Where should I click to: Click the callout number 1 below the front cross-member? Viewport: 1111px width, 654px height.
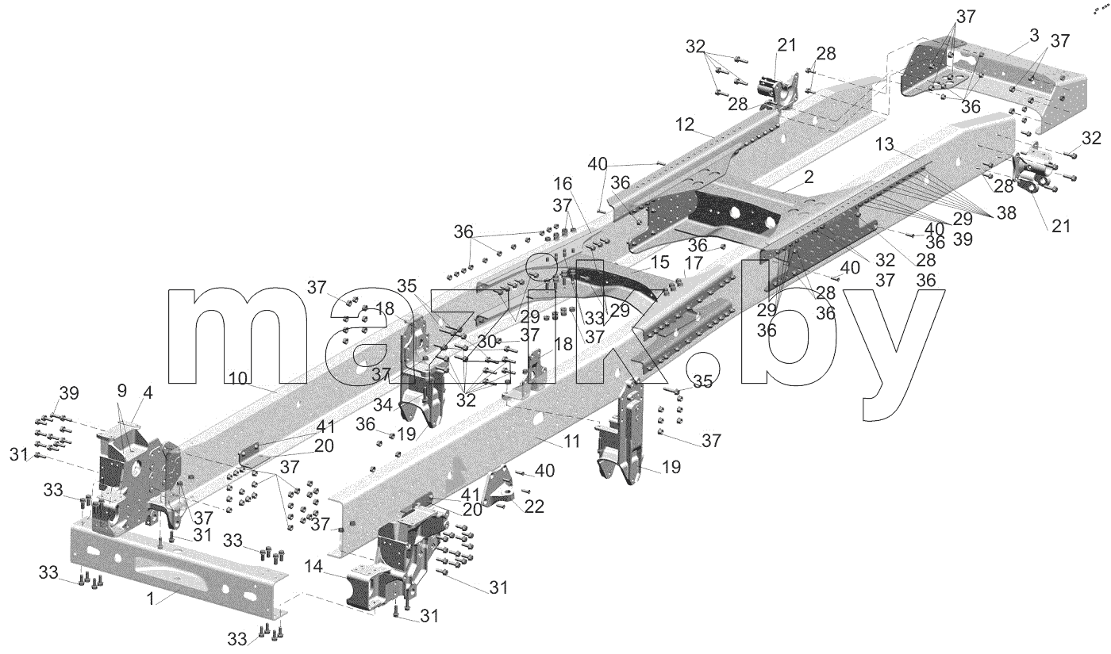point(151,599)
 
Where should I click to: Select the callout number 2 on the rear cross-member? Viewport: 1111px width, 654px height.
point(809,178)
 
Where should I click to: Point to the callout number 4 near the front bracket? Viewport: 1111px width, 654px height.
point(148,392)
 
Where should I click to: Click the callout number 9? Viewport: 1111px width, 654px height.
point(122,390)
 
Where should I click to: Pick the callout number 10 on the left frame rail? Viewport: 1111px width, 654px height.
point(238,379)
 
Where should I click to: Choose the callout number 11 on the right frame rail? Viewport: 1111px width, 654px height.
point(572,441)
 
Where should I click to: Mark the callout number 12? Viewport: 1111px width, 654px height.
point(685,124)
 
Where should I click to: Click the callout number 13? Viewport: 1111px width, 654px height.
point(884,144)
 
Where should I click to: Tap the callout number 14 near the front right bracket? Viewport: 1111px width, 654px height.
point(313,566)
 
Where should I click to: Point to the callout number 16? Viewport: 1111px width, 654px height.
point(563,184)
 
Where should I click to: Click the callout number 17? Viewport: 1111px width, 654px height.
point(694,263)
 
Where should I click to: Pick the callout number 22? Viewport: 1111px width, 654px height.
point(534,507)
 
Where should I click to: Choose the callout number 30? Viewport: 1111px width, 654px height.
point(487,342)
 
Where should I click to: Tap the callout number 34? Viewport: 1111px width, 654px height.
point(383,405)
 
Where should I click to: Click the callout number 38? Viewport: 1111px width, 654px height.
point(1006,213)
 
